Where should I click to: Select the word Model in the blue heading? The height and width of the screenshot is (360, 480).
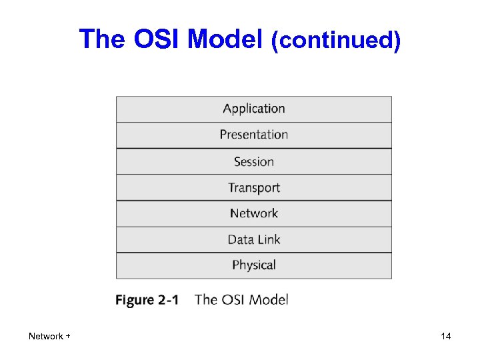[226, 40]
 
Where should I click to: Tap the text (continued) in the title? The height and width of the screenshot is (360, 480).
[336, 41]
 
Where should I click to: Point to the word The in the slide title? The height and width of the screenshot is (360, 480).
[103, 40]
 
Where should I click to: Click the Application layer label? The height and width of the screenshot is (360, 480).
[253, 109]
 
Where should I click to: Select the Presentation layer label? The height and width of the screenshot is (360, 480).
[253, 135]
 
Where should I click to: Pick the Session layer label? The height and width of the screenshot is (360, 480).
[253, 161]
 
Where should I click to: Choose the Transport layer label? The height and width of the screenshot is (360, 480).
[253, 187]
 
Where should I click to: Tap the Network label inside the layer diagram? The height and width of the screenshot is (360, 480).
[253, 213]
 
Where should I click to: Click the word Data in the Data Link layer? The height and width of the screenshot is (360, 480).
[241, 239]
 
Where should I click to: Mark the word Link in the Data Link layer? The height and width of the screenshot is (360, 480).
[269, 239]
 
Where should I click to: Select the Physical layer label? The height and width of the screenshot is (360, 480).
[253, 265]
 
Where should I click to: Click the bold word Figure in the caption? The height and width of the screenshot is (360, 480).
[135, 300]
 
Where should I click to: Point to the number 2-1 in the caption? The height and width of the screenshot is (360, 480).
[168, 300]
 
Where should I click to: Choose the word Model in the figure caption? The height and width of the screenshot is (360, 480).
[269, 299]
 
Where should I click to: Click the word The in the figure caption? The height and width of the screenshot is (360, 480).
[206, 299]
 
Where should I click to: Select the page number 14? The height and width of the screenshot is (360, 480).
[446, 337]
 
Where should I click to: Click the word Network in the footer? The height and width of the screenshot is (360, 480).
[45, 337]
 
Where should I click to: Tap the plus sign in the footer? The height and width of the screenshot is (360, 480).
[68, 337]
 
